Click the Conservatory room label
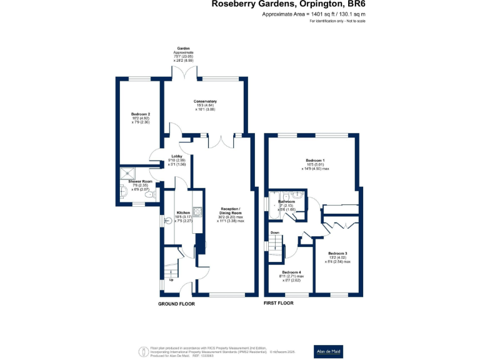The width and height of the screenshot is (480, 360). point(205,101)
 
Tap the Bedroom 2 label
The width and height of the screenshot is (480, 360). point(140,114)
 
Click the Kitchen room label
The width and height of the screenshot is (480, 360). point(183,212)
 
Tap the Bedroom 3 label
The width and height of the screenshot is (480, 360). point(337,253)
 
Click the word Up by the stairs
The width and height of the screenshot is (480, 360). point(171,279)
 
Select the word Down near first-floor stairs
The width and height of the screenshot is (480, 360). point(274,232)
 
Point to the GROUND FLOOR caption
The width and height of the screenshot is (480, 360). point(176,304)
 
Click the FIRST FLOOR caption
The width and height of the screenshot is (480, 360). point(278,303)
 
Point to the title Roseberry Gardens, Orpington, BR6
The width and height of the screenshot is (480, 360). point(289,4)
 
